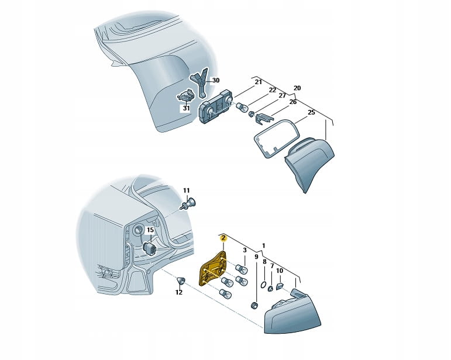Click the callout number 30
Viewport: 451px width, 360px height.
(215, 80)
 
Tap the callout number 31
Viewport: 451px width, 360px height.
(187, 108)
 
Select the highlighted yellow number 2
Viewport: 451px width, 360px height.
(223, 238)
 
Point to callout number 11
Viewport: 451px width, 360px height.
(187, 191)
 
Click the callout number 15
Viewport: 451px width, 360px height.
(150, 230)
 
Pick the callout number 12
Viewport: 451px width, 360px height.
(179, 292)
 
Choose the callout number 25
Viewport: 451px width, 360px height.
(312, 112)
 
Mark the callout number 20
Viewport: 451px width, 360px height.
(297, 88)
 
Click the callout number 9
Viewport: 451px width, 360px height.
(256, 257)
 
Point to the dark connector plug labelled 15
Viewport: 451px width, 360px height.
(150, 248)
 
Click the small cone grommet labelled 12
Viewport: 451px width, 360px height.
(181, 281)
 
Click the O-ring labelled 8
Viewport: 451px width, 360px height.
(263, 285)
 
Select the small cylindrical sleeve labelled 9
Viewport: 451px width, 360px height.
(254, 305)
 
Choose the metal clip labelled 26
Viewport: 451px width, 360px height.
(264, 119)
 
